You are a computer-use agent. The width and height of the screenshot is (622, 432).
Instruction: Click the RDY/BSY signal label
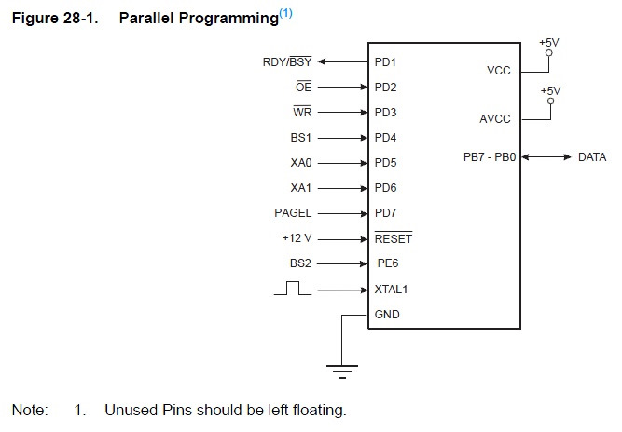[x=287, y=62]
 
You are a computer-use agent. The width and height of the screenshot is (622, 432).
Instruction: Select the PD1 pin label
[x=385, y=62]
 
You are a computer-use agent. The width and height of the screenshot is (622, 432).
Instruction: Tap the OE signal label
[x=304, y=88]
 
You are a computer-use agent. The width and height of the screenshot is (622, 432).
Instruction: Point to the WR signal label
[x=302, y=113]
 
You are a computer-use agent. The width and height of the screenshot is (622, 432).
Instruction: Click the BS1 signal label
[x=301, y=138]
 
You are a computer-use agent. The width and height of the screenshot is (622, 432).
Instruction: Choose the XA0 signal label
[x=301, y=163]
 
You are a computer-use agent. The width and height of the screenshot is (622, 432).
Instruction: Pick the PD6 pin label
[x=385, y=188]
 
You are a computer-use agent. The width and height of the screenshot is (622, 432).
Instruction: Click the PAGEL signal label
[x=293, y=213]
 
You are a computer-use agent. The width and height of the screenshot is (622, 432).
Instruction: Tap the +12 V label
[x=297, y=238]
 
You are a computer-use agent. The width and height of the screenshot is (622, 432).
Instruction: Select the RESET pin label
[x=393, y=238]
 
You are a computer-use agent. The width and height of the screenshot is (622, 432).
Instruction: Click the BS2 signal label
[x=301, y=263]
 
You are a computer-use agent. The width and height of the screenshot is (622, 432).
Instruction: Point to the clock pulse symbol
[x=293, y=289]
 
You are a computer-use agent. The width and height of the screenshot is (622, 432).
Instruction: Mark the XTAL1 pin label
[x=391, y=290]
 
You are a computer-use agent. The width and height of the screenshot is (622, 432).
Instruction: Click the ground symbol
[x=342, y=370]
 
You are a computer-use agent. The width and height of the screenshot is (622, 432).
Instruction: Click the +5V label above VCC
[x=549, y=42]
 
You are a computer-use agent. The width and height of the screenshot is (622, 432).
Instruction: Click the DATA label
[x=592, y=157]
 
